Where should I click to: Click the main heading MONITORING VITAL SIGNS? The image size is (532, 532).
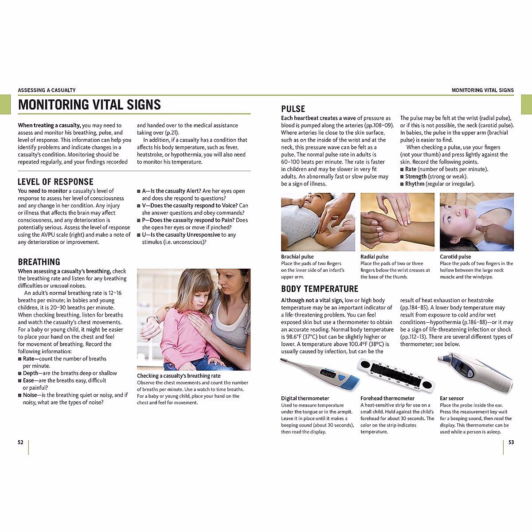pyautogui.click(x=89, y=105)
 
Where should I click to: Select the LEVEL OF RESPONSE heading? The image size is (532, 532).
pyautogui.click(x=55, y=182)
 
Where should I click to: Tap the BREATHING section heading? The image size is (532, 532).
pyautogui.click(x=39, y=262)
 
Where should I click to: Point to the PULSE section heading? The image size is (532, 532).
pyautogui.click(x=293, y=109)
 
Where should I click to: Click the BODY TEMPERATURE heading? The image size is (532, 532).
pyautogui.click(x=320, y=289)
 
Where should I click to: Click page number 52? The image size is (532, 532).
pyautogui.click(x=20, y=442)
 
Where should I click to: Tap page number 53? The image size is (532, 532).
pyautogui.click(x=511, y=442)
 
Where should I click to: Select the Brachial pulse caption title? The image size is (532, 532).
pyautogui.click(x=297, y=257)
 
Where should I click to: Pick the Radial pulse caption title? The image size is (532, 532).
pyautogui.click(x=374, y=257)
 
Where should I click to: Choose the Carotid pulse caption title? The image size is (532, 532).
pyautogui.click(x=455, y=257)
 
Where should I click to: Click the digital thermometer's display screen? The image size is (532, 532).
pyautogui.click(x=328, y=374)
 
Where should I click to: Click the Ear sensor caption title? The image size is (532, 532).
pyautogui.click(x=452, y=399)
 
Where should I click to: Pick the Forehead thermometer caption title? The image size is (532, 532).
pyautogui.click(x=387, y=399)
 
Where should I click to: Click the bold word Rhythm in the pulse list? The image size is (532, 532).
pyautogui.click(x=415, y=184)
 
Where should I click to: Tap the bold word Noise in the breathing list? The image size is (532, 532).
pyautogui.click(x=30, y=395)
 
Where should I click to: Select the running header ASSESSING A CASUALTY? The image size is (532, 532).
pyautogui.click(x=47, y=90)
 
